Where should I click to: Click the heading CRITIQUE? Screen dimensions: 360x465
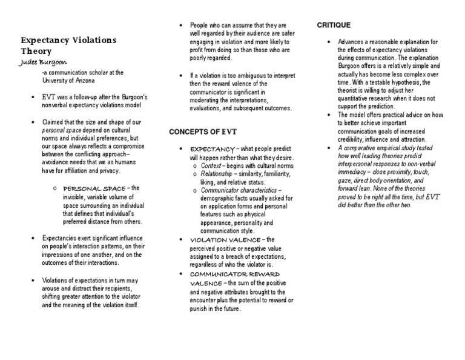pos(334,25)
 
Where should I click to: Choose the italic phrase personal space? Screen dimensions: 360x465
pos(59,130)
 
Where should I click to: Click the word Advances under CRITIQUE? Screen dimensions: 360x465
pos(352,42)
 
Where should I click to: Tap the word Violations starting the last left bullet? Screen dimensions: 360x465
pos(56,281)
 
